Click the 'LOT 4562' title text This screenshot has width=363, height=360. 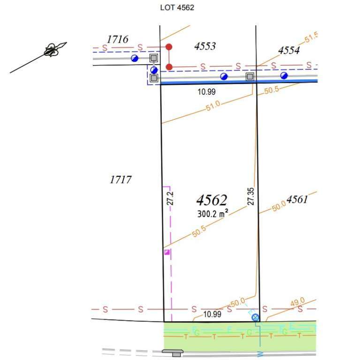(177, 7)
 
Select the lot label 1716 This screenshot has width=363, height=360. (118, 39)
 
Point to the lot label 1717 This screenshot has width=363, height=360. (121, 180)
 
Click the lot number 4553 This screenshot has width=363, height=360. (205, 46)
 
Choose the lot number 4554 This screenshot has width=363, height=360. (289, 50)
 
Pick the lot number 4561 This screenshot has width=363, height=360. (297, 199)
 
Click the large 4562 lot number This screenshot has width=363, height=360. (212, 200)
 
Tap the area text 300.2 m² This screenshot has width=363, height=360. (213, 214)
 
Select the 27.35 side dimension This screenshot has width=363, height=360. (251, 196)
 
